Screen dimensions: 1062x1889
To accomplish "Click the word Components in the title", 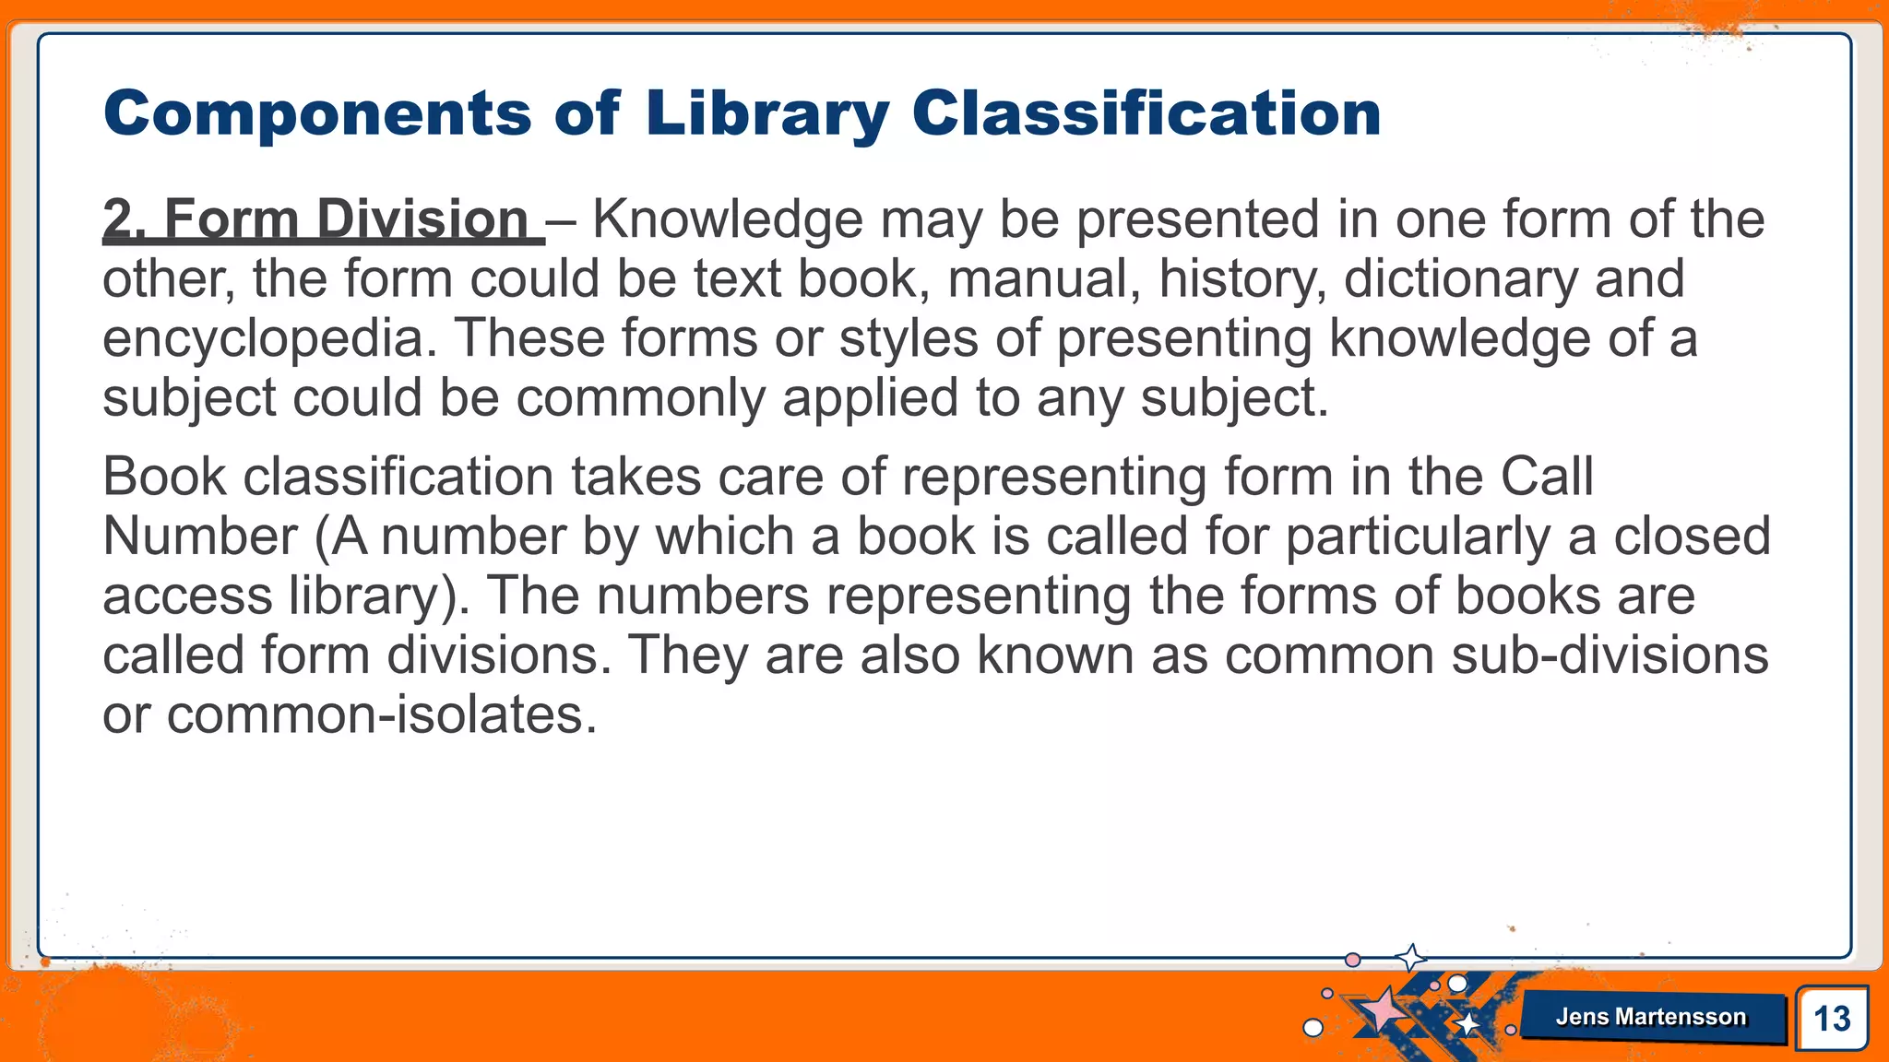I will point(317,114).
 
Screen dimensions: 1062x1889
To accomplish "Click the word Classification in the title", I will point(1146,114).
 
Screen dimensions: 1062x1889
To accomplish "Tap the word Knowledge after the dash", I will point(727,220).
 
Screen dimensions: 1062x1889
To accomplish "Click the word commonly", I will point(640,398).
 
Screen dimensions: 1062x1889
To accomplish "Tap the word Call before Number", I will point(1547,478).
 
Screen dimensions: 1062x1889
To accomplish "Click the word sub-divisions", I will point(1610,655).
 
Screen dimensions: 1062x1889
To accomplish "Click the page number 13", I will point(1832,1019).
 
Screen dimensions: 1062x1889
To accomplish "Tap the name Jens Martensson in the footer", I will point(1651,1017).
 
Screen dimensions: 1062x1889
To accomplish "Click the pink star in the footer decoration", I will point(1382,1010).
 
